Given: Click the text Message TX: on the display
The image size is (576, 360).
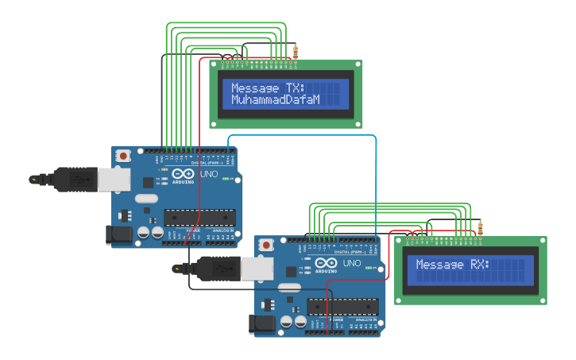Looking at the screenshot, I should [266, 88].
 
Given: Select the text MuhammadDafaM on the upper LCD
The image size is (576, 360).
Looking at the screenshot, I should [275, 100].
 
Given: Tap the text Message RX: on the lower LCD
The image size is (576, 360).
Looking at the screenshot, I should [453, 265].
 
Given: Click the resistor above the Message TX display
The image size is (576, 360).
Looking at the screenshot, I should [296, 52].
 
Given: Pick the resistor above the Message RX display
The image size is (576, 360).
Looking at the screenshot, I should [480, 230].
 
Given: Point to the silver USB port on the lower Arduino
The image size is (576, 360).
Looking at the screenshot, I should [257, 269].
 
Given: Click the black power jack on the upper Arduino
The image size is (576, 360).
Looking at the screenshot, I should [118, 234].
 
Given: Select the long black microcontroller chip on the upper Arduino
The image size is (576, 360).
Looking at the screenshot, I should [199, 217].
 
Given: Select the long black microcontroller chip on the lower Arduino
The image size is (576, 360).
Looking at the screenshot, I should [342, 306].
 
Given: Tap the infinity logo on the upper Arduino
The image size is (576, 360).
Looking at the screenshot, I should [183, 174].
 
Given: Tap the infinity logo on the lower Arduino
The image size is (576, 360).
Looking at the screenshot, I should [326, 263].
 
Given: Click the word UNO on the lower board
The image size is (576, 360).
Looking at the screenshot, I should [351, 263].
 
